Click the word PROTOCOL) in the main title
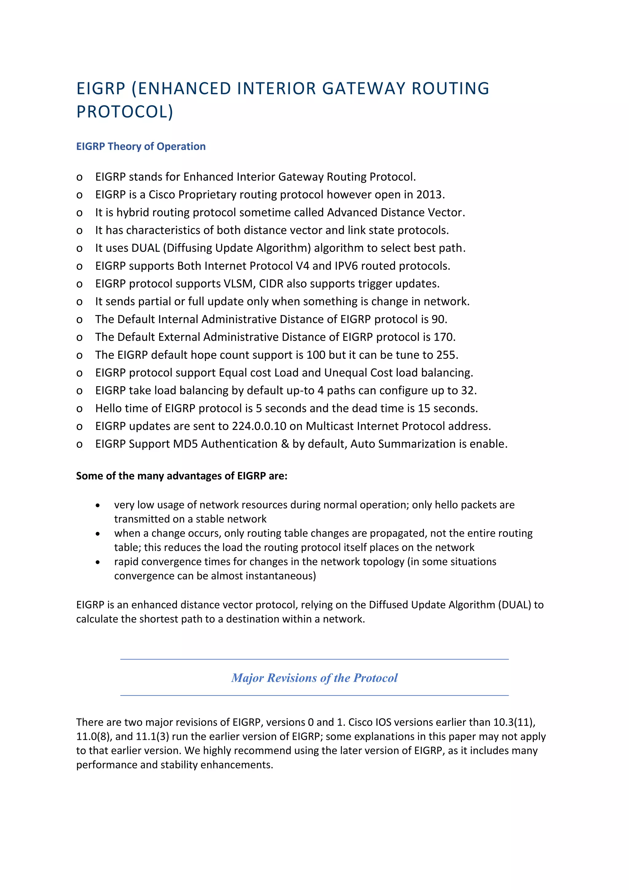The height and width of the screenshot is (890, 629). coord(125,112)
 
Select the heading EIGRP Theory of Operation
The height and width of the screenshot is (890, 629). coord(141,146)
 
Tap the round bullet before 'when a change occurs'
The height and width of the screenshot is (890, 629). coord(98,534)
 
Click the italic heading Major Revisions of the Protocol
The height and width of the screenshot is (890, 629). coord(314,678)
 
